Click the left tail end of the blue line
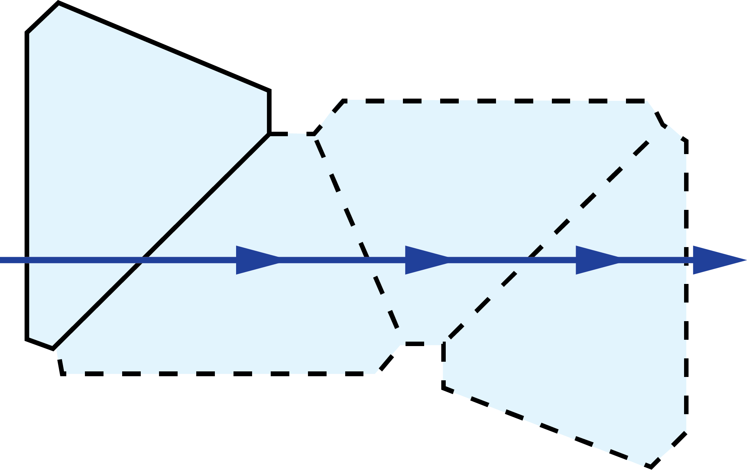coord(1,260)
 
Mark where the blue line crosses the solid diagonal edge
coord(142,260)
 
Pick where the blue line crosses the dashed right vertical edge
coord(686,260)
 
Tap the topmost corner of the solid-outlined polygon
coord(58,3)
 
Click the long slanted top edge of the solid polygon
coord(164,47)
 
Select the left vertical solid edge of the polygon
coord(27,186)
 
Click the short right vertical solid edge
coord(269,112)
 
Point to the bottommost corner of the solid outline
coord(53,349)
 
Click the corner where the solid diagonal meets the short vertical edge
coord(269,133)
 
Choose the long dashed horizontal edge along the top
coord(495,101)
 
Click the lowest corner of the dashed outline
coord(651,467)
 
